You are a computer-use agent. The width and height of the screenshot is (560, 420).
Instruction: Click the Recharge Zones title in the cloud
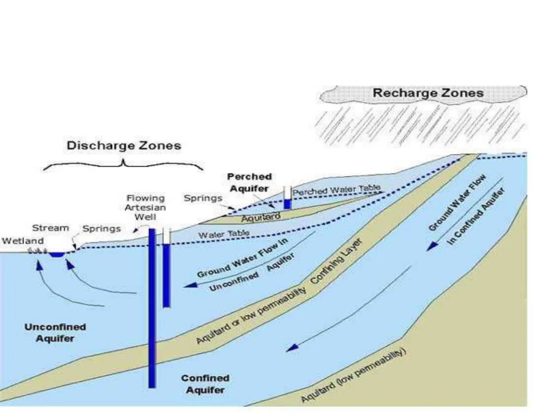pos(428,93)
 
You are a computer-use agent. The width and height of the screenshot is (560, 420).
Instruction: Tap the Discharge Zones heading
pos(124,145)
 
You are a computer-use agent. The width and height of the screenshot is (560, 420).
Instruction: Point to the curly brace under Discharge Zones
pos(123,164)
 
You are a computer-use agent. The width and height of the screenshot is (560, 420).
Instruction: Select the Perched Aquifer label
pos(249,182)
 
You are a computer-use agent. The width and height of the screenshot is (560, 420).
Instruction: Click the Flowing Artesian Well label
pos(145,207)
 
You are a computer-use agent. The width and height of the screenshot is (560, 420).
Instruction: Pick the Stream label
pos(51,228)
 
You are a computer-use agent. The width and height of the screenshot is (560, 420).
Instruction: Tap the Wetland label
pos(23,241)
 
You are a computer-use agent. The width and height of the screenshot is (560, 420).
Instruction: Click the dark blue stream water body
pos(57,255)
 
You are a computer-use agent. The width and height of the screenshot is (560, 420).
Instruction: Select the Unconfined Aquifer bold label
pos(55,332)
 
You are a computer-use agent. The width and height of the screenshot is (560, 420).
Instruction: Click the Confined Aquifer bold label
pos(205,384)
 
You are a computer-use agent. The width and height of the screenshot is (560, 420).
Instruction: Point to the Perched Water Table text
pos(336,189)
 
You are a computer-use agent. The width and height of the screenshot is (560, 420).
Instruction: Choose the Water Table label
pos(224,234)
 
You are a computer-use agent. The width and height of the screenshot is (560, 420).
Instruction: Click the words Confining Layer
pos(337,265)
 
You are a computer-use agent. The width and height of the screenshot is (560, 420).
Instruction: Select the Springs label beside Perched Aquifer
pos(203,198)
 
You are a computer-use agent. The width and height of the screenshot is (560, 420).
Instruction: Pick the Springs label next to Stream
pos(101,228)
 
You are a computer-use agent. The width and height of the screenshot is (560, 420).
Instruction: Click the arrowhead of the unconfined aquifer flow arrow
pos(191,285)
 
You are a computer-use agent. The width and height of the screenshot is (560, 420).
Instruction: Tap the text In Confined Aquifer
pos(476,216)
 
